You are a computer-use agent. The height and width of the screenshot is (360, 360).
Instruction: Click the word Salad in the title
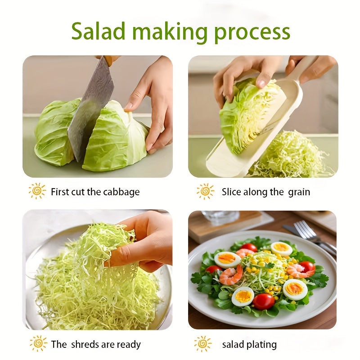tap(98, 31)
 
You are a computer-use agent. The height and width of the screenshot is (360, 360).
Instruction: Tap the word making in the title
tap(170, 32)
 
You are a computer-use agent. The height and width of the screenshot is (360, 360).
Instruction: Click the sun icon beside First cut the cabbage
tap(37, 191)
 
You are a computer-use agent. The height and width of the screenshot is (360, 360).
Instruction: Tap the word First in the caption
tap(60, 192)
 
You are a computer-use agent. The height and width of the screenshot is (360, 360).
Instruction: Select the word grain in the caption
tap(299, 192)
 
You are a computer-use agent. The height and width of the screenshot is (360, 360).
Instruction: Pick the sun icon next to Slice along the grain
tap(205, 191)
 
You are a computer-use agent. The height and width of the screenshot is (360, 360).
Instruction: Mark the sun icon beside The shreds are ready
tap(38, 343)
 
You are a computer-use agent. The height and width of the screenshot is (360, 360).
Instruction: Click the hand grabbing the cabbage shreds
tap(142, 241)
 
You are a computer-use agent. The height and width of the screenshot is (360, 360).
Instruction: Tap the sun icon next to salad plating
tap(203, 344)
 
